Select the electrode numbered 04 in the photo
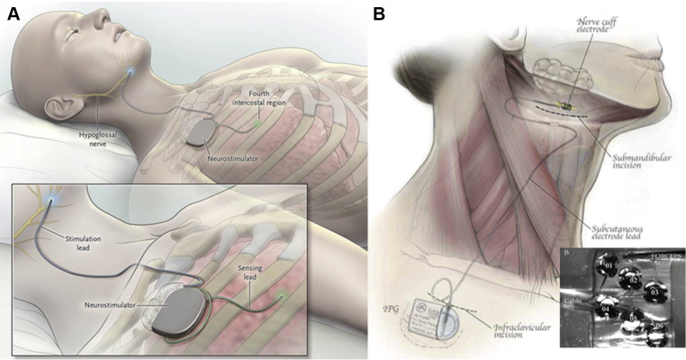(605, 310)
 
